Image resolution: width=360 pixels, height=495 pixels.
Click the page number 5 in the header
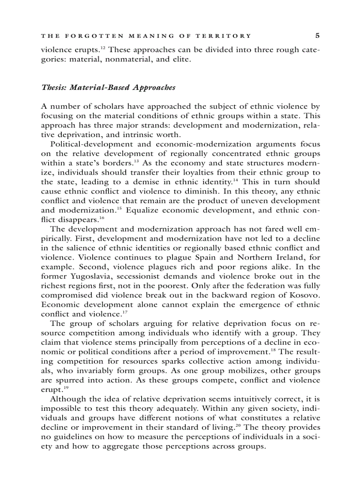coord(318,36)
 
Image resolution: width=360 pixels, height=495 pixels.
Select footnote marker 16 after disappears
coord(101,217)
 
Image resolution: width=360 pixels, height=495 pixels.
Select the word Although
coord(67,399)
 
